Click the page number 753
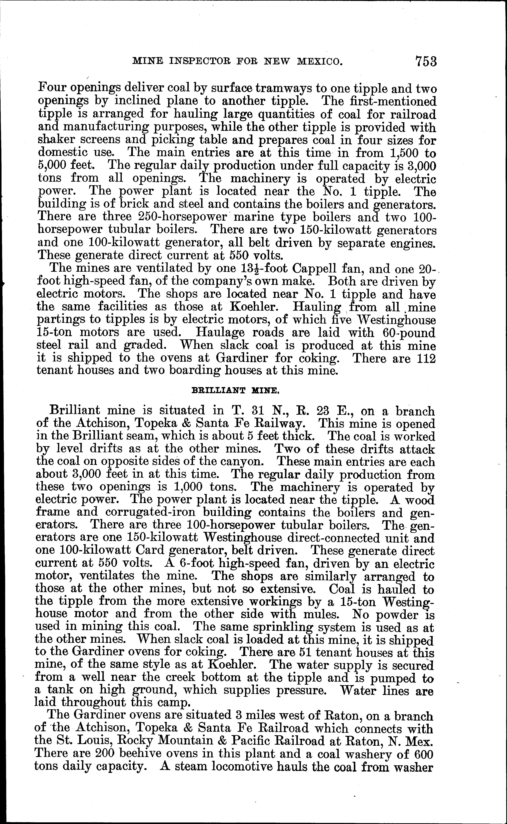pyautogui.click(x=426, y=61)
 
